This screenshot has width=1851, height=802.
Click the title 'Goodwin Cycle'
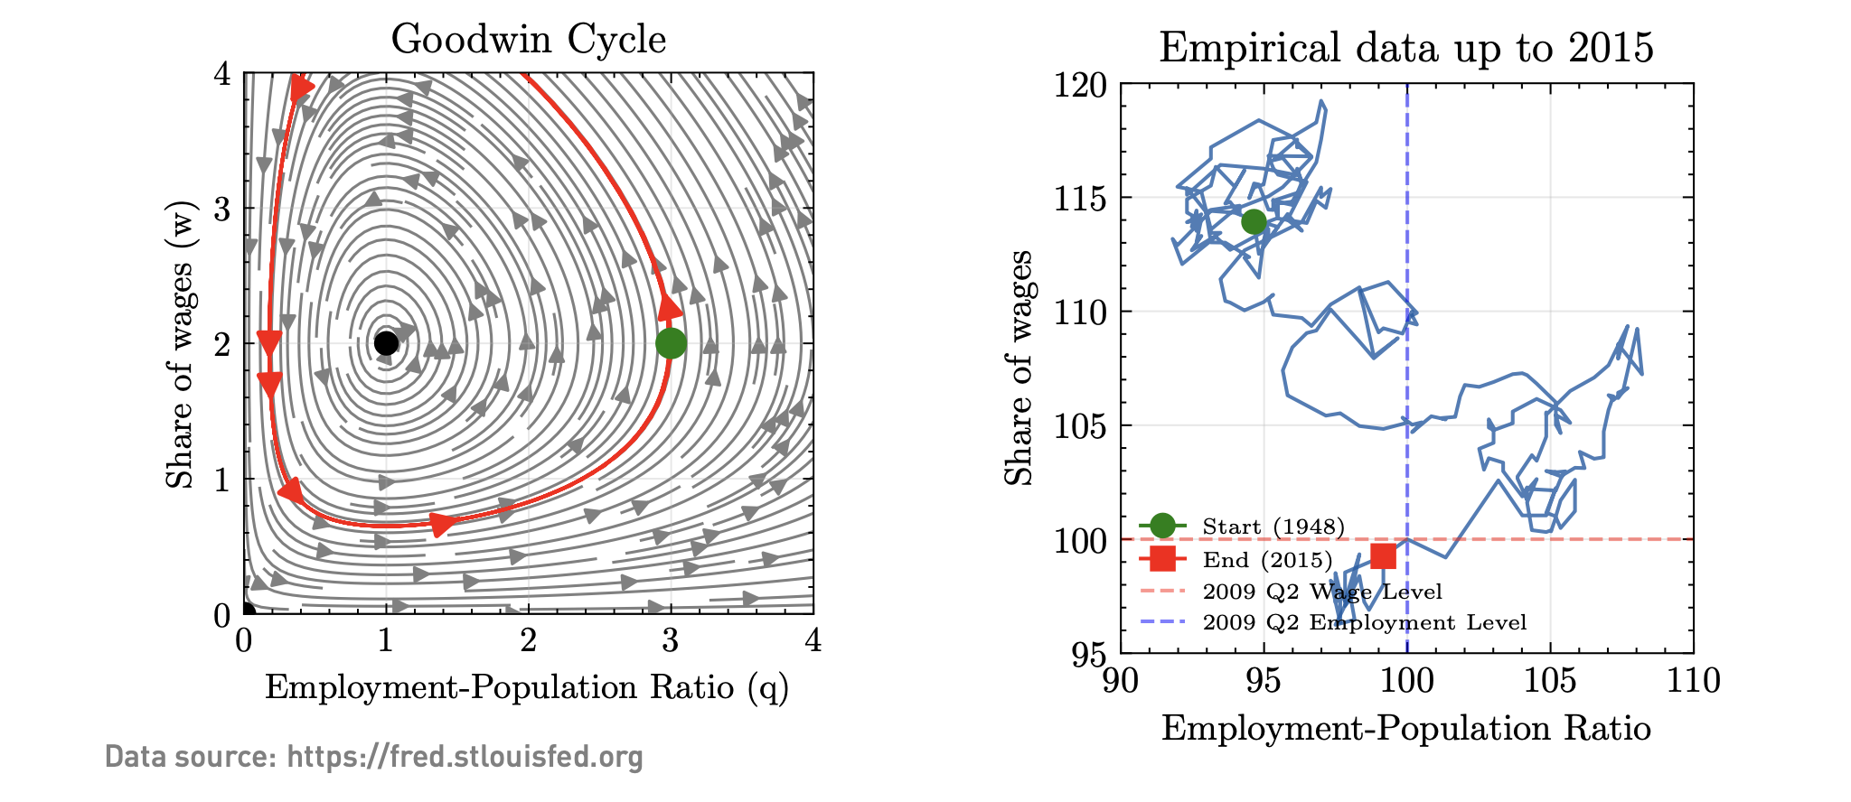pyautogui.click(x=529, y=40)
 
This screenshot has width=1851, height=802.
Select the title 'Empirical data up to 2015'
pyautogui.click(x=1405, y=47)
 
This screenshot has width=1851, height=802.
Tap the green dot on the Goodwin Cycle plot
pyautogui.click(x=671, y=343)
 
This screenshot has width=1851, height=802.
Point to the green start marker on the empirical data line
pyautogui.click(x=1254, y=221)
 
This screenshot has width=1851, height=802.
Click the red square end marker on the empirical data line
pyautogui.click(x=1383, y=556)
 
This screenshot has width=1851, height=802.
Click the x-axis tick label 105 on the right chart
pyautogui.click(x=1550, y=681)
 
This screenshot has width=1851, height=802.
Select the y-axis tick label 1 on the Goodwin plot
pyautogui.click(x=222, y=480)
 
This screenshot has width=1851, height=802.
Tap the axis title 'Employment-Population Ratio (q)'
pyautogui.click(x=527, y=688)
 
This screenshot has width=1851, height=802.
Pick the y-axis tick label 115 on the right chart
pyautogui.click(x=1080, y=199)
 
